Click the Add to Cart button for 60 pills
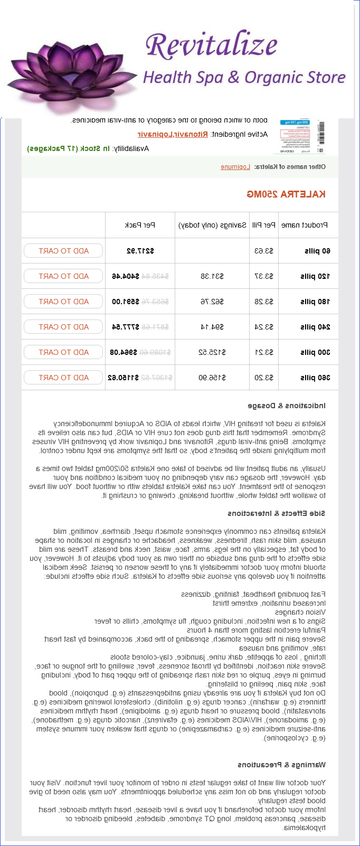point(63,251)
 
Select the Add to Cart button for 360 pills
point(63,378)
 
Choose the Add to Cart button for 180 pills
point(63,302)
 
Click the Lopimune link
point(235,167)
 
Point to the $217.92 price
point(140,251)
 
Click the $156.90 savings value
point(212,378)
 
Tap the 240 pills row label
point(315,327)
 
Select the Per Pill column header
point(263,225)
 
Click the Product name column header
point(305,225)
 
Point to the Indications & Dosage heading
point(287,406)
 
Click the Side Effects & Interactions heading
point(277,513)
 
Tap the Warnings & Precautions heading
point(281,765)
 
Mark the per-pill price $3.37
point(264,276)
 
